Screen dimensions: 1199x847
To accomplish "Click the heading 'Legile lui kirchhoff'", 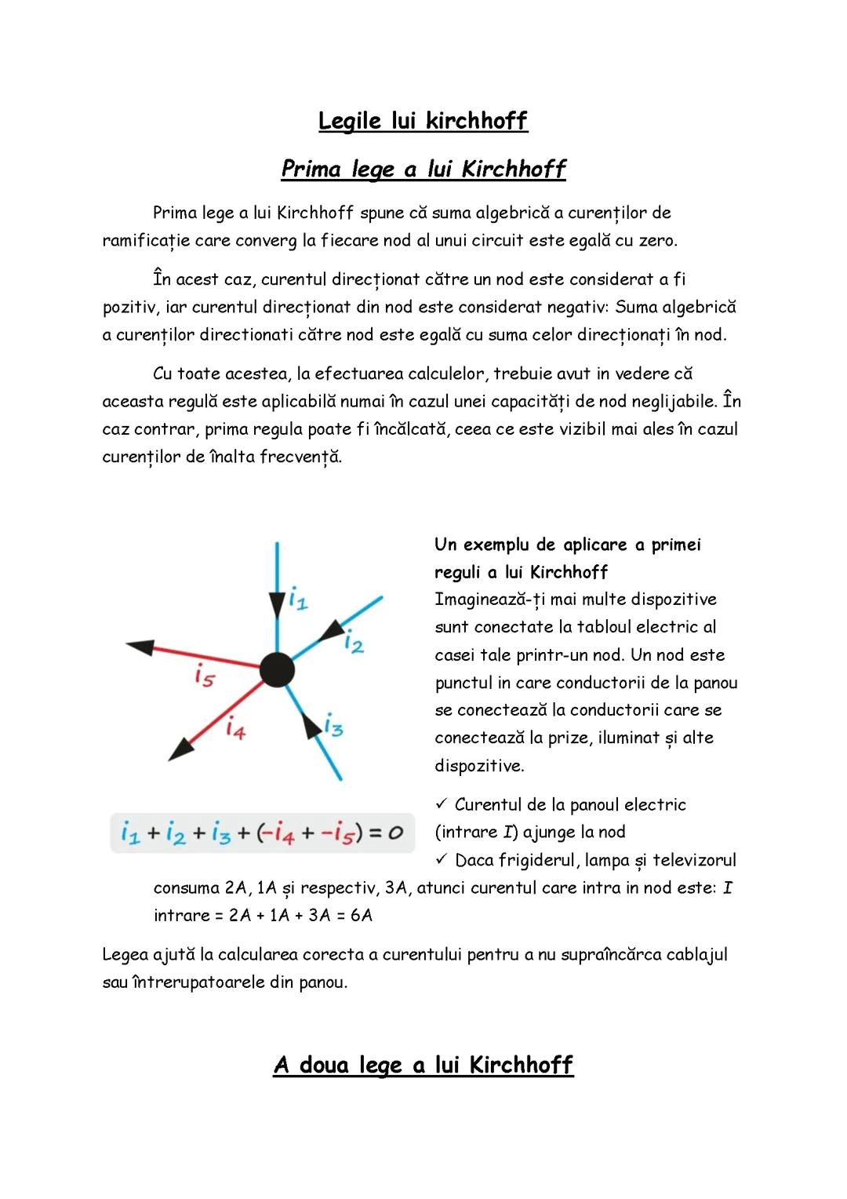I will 423,121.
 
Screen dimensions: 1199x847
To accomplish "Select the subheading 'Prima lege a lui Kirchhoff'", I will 423,169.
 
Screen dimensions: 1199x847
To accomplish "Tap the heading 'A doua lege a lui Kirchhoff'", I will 423,1065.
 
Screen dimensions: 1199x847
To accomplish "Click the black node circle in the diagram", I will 276,669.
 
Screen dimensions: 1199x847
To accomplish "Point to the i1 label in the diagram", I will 298,601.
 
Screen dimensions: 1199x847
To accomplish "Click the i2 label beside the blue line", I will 354,643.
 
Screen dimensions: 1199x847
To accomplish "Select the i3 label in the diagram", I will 333,727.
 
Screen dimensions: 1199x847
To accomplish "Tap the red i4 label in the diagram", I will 235,730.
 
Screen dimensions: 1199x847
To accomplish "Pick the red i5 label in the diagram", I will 204,676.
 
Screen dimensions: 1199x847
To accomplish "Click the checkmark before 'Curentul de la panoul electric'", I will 441,804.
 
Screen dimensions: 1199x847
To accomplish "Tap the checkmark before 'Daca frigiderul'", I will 441,860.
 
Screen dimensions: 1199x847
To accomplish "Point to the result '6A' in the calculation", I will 362,916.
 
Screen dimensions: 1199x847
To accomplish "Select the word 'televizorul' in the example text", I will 694,861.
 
